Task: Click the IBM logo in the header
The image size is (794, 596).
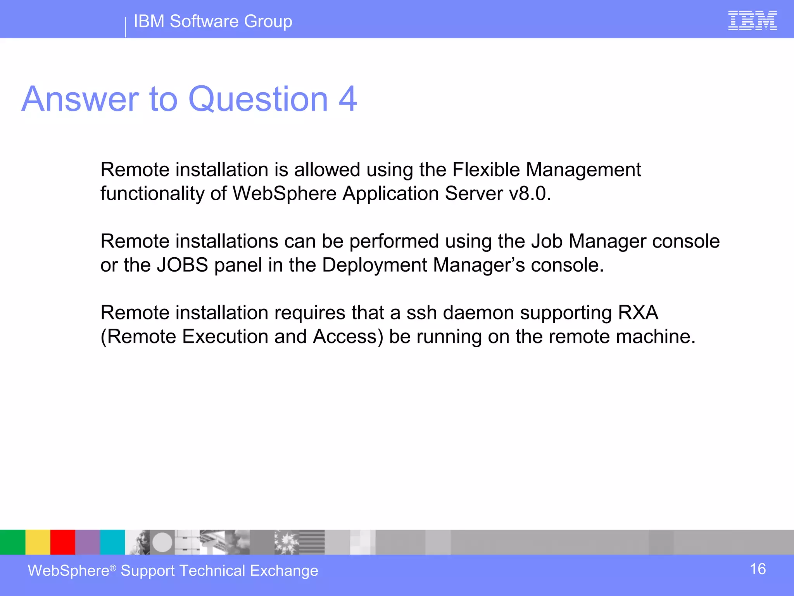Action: pyautogui.click(x=752, y=21)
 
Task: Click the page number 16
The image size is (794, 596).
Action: pyautogui.click(x=758, y=569)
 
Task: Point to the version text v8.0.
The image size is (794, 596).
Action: pyautogui.click(x=529, y=194)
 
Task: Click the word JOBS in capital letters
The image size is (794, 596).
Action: pyautogui.click(x=182, y=265)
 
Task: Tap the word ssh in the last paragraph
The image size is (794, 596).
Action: pyautogui.click(x=422, y=313)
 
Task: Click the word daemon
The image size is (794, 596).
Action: pyautogui.click(x=478, y=313)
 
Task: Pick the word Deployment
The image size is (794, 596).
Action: pyautogui.click(x=375, y=265)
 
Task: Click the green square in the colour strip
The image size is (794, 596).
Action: pyautogui.click(x=12, y=542)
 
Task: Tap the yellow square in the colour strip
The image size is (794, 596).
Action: pyautogui.click(x=38, y=542)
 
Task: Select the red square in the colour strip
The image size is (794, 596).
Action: pyautogui.click(x=62, y=542)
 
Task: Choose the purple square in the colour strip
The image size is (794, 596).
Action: pyautogui.click(x=87, y=542)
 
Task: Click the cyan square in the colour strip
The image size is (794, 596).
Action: pyautogui.click(x=112, y=542)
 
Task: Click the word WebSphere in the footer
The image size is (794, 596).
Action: pyautogui.click(x=69, y=571)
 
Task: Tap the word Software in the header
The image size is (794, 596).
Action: pyautogui.click(x=204, y=21)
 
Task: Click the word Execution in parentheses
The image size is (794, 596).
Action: pyautogui.click(x=225, y=336)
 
